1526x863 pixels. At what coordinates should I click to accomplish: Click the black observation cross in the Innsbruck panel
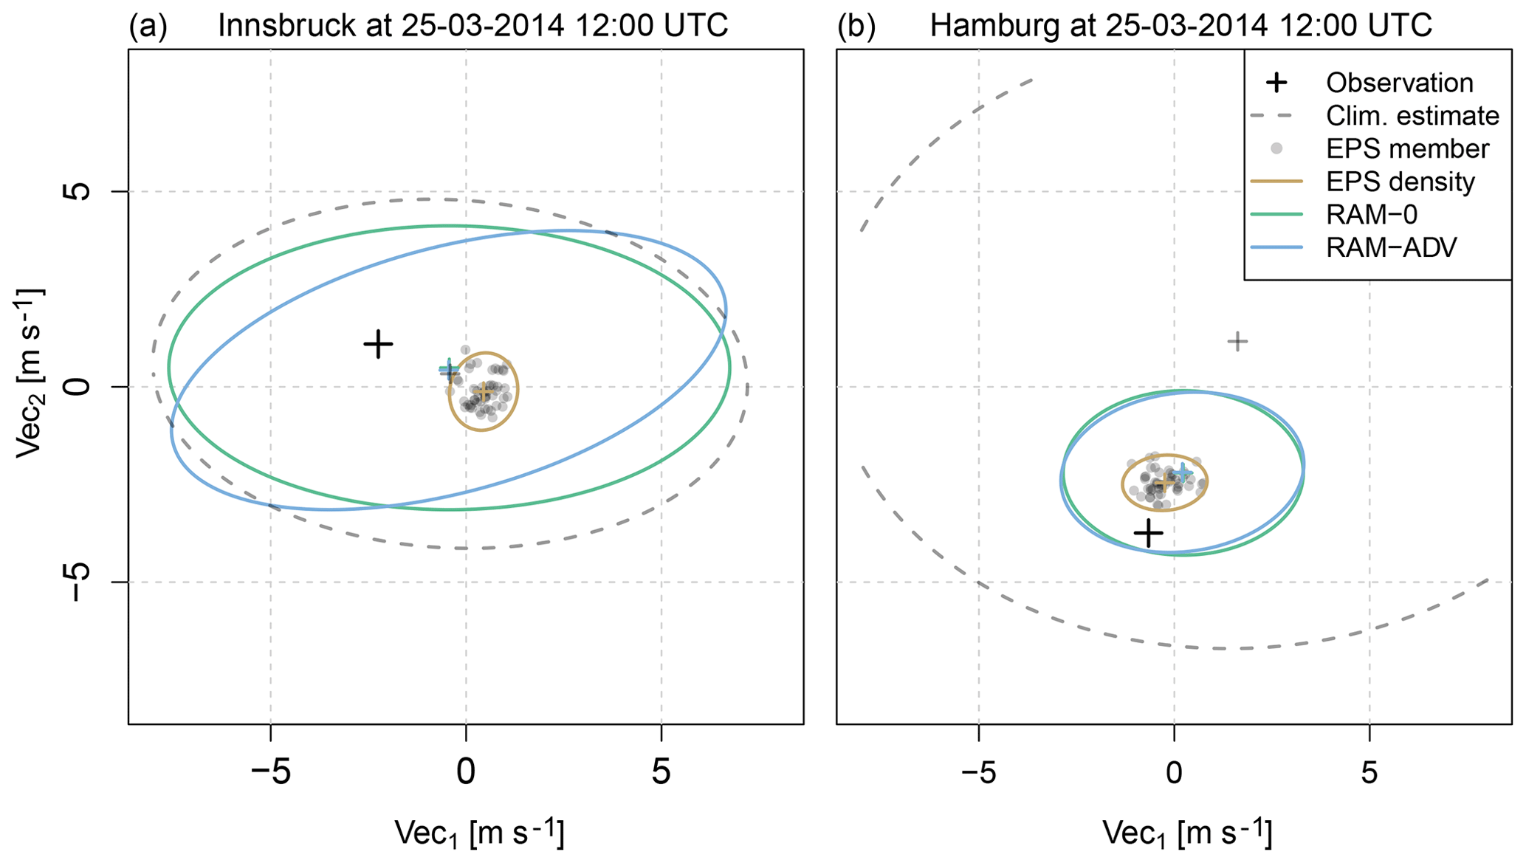pyautogui.click(x=378, y=344)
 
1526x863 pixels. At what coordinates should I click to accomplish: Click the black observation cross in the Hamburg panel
pyautogui.click(x=1149, y=532)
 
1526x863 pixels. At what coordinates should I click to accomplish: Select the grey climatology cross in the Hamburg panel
pyautogui.click(x=1237, y=341)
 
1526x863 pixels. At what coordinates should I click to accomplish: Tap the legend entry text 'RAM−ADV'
pyautogui.click(x=1392, y=248)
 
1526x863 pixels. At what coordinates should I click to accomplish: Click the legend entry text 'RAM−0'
pyautogui.click(x=1372, y=215)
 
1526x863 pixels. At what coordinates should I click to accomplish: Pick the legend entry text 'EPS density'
pyautogui.click(x=1400, y=182)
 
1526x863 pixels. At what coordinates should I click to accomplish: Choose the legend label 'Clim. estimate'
pyautogui.click(x=1412, y=116)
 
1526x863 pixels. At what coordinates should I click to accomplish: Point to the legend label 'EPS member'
pyautogui.click(x=1407, y=149)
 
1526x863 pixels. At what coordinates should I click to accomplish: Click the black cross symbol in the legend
pyautogui.click(x=1276, y=83)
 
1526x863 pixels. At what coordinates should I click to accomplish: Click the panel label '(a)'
pyautogui.click(x=148, y=27)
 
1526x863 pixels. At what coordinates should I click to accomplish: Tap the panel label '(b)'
pyautogui.click(x=856, y=27)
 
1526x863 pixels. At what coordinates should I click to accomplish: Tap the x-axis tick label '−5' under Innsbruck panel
pyautogui.click(x=270, y=773)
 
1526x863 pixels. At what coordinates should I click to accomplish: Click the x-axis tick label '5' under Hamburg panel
pyautogui.click(x=1369, y=773)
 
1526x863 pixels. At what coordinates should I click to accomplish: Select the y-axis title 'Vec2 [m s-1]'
pyautogui.click(x=30, y=373)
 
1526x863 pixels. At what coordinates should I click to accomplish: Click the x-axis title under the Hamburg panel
pyautogui.click(x=1187, y=833)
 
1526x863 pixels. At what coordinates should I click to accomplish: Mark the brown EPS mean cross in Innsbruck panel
pyautogui.click(x=484, y=393)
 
